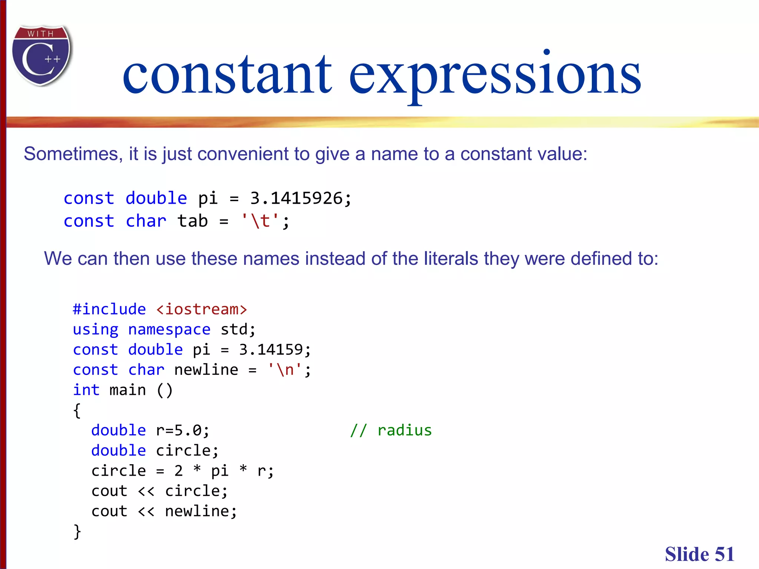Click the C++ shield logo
pos(42,56)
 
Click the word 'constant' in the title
pos(227,74)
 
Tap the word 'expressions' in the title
pos(495,74)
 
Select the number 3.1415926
pos(296,198)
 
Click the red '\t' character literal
pos(260,221)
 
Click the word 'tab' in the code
pos(192,221)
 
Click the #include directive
pos(109,309)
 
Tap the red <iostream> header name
pos(201,309)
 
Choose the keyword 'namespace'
pos(169,329)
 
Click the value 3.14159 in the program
pos(271,350)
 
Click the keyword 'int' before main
pos(86,390)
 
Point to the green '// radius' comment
pos(391,430)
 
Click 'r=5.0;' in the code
pos(182,430)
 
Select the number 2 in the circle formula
pos(178,471)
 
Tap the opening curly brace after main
pos(77,410)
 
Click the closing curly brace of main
pos(77,532)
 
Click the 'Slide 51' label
pos(699,555)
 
